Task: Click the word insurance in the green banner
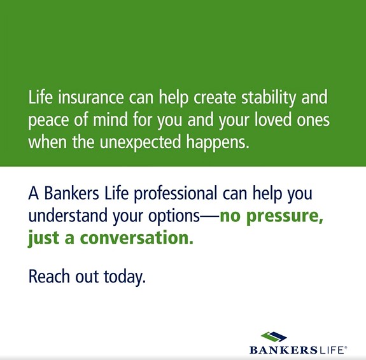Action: (x=91, y=97)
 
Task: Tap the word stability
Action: (x=269, y=97)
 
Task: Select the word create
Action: (x=215, y=97)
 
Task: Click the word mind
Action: (x=110, y=119)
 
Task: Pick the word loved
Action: (x=273, y=119)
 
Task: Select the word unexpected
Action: (x=141, y=142)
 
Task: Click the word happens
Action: (x=218, y=142)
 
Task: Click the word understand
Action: (x=67, y=215)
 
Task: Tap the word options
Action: (x=174, y=216)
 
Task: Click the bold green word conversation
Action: (x=137, y=238)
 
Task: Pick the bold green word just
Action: (x=44, y=239)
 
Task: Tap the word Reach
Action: (x=49, y=276)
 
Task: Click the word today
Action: (x=125, y=277)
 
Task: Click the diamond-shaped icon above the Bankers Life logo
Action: (x=274, y=337)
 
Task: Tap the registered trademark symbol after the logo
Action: (x=346, y=348)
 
